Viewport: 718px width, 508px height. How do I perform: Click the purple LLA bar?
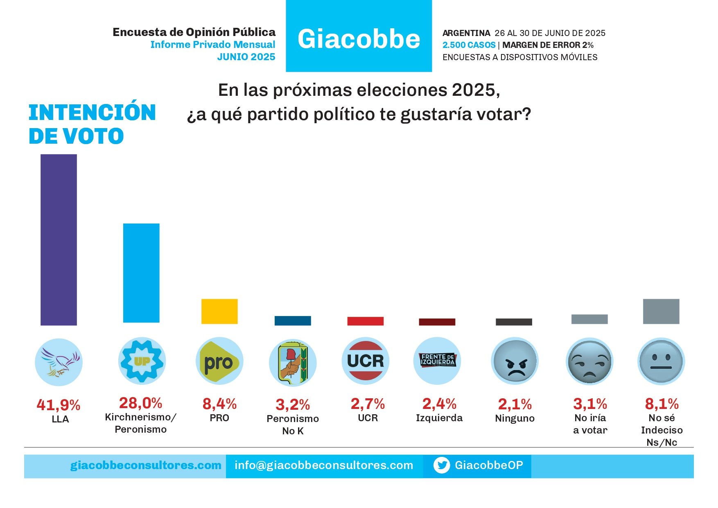click(59, 239)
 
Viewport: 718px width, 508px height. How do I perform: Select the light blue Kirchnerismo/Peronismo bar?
click(141, 273)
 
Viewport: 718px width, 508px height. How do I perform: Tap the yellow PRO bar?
click(219, 311)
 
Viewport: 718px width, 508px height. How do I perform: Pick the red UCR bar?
click(365, 321)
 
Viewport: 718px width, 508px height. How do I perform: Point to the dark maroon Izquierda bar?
click(437, 322)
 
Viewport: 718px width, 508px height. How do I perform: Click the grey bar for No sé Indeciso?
click(661, 311)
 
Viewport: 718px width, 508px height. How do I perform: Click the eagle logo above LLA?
click(59, 362)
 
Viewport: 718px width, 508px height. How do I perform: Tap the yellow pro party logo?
click(219, 361)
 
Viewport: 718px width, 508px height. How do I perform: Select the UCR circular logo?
click(365, 361)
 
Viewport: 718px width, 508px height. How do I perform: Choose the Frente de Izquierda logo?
click(437, 360)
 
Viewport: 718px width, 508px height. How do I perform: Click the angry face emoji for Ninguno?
click(515, 361)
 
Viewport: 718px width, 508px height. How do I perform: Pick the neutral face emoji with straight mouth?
click(661, 361)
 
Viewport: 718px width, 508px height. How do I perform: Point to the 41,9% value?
click(58, 405)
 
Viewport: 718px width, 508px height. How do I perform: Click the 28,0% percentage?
click(140, 403)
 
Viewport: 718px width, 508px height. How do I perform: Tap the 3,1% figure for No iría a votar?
click(590, 404)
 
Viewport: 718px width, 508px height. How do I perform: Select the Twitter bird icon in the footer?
click(441, 465)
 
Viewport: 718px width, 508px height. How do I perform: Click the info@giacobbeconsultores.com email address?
click(323, 465)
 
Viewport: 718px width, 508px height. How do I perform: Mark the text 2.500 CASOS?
click(469, 45)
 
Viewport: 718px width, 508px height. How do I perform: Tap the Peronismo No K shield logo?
click(292, 362)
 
